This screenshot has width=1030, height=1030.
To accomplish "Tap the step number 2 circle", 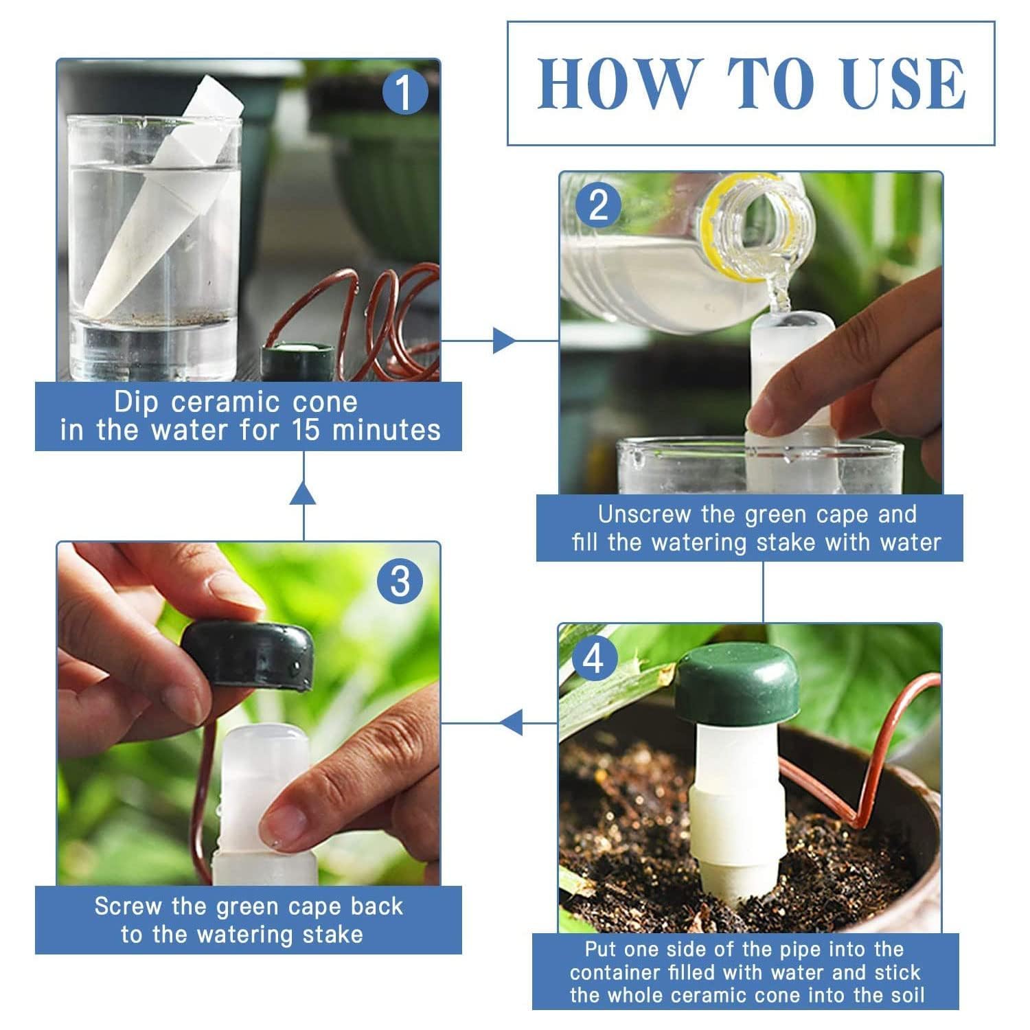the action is pyautogui.click(x=598, y=205).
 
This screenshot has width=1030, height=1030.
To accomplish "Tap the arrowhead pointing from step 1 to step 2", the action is pyautogui.click(x=505, y=341).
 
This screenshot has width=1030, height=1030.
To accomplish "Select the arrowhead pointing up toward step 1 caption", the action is pyautogui.click(x=304, y=493).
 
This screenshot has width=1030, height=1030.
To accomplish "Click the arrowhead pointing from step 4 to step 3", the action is pyautogui.click(x=510, y=722).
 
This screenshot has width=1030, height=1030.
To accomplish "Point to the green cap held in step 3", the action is pyautogui.click(x=248, y=655).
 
